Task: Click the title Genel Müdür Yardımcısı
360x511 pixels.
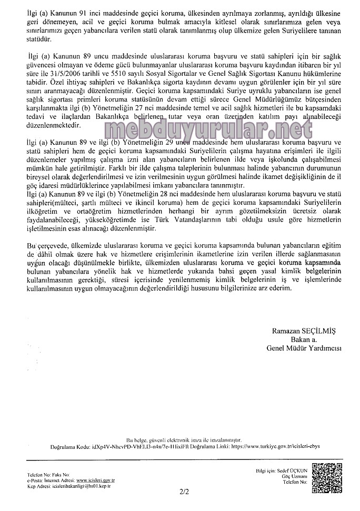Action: (305, 348)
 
